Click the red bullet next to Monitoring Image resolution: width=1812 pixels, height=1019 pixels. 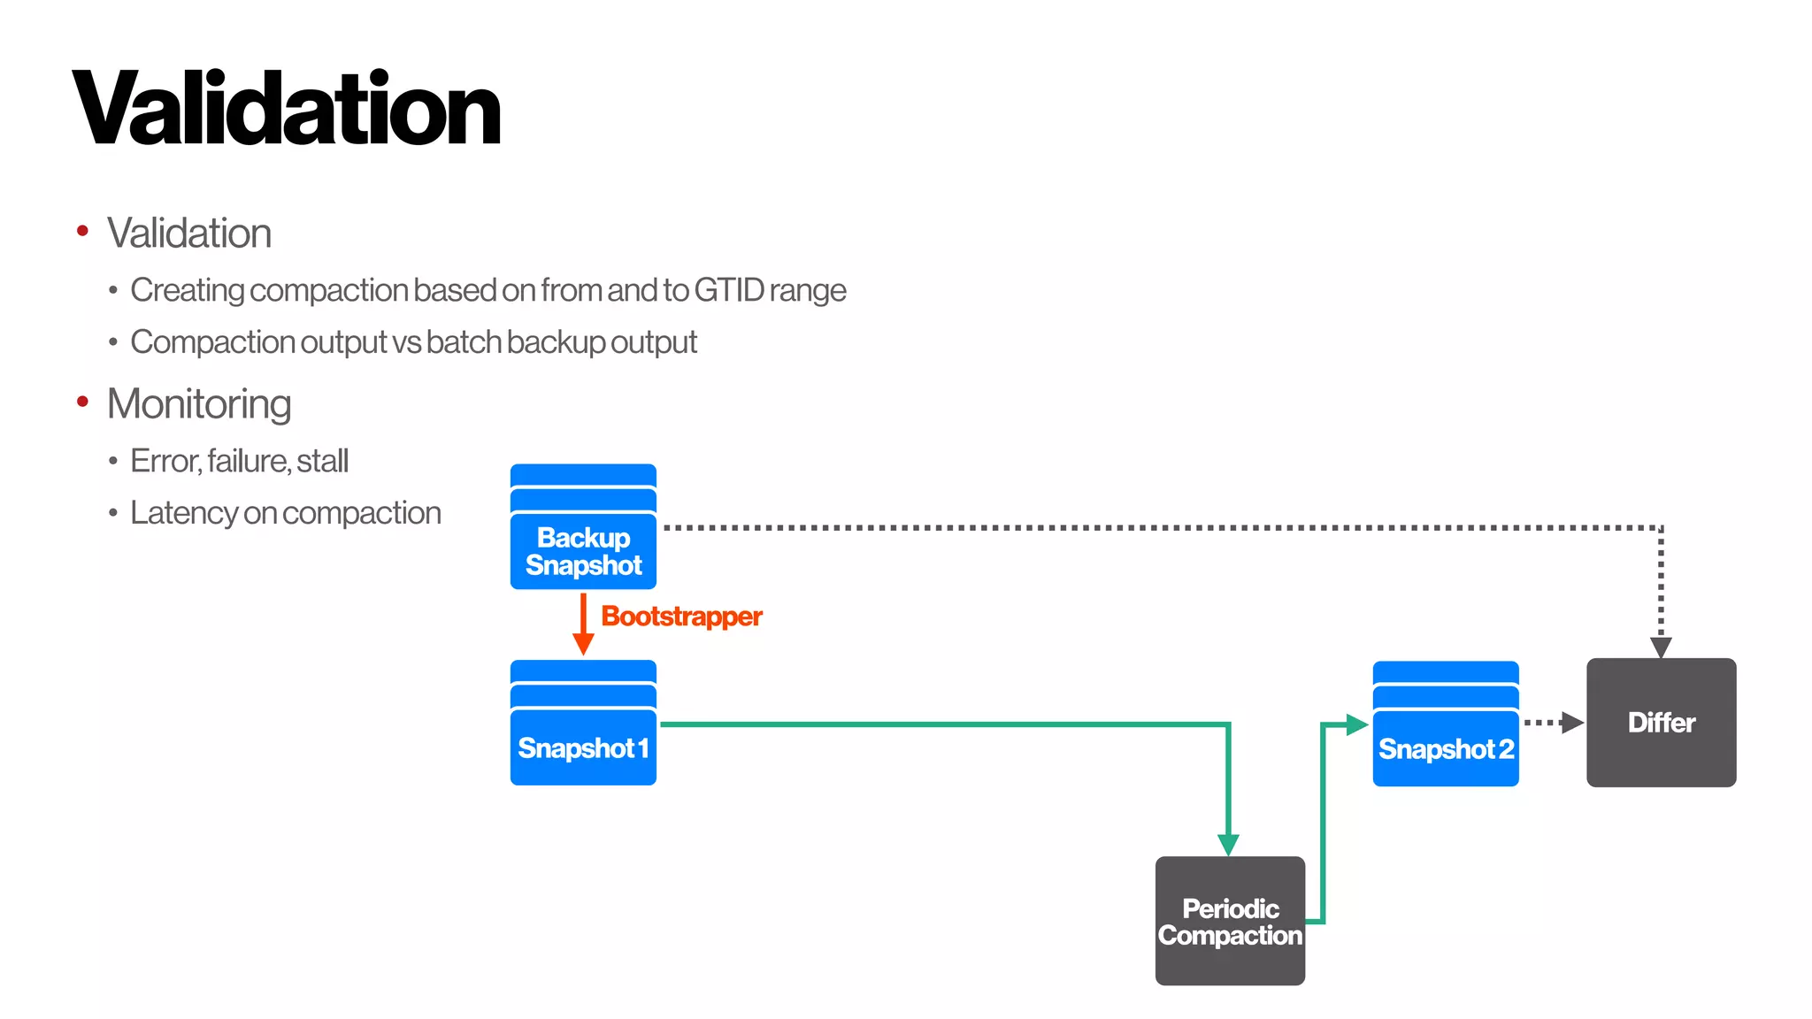(83, 402)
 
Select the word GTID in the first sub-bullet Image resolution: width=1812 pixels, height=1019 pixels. (729, 290)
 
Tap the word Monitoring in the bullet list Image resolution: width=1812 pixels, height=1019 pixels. (199, 404)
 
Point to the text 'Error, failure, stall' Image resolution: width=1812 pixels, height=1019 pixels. (239, 461)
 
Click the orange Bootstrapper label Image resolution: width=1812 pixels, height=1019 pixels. (681, 617)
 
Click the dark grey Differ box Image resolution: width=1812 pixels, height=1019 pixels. (1661, 723)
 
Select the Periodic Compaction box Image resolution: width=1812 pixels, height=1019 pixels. (1230, 921)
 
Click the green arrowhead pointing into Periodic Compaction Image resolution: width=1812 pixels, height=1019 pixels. (1228, 844)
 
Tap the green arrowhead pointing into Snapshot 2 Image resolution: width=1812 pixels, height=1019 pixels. (1356, 724)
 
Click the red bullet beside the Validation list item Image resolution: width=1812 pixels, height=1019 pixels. (83, 232)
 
